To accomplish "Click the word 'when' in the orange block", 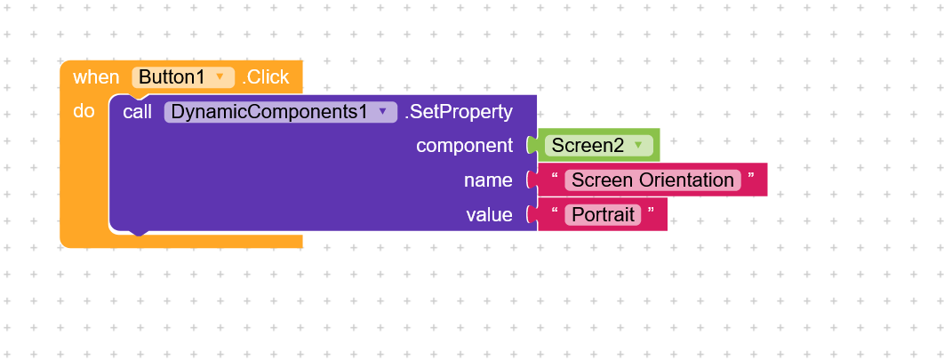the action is (96, 77).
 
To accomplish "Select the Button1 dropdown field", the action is (183, 77).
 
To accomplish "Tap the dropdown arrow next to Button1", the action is (220, 77).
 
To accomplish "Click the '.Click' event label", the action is (266, 77).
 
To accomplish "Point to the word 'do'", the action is (84, 111).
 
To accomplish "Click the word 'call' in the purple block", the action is (137, 111).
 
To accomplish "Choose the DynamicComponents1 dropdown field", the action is (281, 112).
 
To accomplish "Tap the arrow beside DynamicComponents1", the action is (382, 111).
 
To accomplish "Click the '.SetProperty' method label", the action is (459, 112).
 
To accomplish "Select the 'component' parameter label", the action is (465, 146).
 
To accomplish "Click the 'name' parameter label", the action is (488, 180).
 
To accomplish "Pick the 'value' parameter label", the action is (490, 215).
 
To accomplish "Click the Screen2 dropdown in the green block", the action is (599, 145).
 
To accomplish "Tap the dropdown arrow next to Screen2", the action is (638, 145).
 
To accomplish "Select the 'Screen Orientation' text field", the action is (652, 180).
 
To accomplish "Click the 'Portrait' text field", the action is (603, 215).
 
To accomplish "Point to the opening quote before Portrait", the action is (555, 211).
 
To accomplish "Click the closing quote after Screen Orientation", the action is (751, 176).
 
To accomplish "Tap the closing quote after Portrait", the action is (651, 211).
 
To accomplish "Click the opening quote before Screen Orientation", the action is (555, 176).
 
